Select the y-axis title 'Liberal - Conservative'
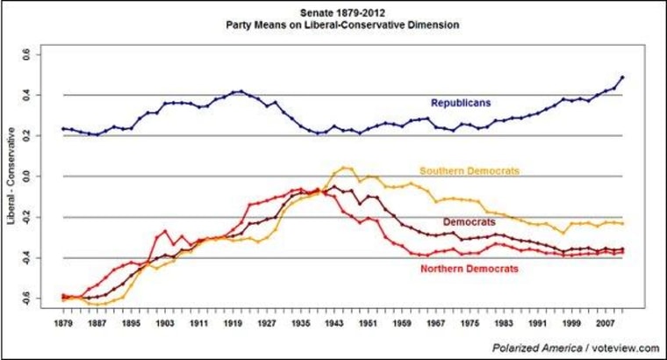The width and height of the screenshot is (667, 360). click(13, 176)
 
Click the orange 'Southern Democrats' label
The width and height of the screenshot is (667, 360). click(470, 169)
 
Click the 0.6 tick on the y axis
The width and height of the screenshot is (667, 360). click(37, 54)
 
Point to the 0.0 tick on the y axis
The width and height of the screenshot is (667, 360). click(37, 176)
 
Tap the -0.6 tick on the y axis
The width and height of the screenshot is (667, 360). click(35, 299)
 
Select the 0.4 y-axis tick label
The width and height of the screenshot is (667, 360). click(37, 95)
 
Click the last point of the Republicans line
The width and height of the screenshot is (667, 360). click(623, 77)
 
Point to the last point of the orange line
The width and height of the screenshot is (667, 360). click(623, 224)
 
